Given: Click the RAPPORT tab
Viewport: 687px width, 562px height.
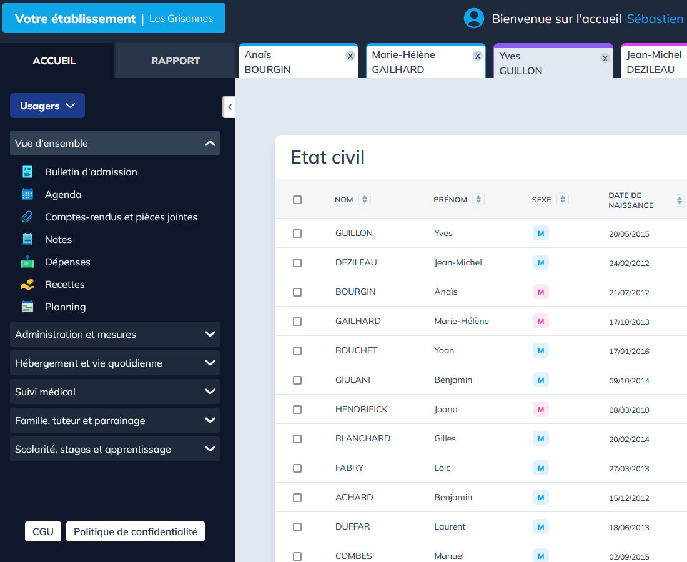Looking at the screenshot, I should (175, 61).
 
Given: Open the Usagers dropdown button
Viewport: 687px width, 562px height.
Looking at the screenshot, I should (47, 106).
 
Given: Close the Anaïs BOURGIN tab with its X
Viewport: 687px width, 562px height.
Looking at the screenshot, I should (350, 56).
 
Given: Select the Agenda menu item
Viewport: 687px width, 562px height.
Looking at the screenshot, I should (63, 194).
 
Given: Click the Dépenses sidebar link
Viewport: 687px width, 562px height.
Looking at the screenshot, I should (67, 262).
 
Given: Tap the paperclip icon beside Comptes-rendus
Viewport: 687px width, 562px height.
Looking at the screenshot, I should (27, 217).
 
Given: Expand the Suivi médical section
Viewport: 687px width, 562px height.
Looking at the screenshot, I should (115, 392).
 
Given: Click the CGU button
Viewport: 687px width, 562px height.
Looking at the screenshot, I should (43, 531).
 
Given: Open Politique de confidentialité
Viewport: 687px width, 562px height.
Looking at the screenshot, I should (136, 531).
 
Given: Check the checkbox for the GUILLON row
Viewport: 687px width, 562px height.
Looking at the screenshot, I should (297, 234).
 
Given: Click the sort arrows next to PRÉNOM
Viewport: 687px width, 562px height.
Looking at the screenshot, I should (478, 199).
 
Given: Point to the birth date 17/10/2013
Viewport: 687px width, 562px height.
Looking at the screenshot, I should (629, 322).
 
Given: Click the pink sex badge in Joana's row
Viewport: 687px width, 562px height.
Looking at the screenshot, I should (541, 410).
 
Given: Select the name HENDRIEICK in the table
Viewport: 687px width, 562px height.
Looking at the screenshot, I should (361, 409).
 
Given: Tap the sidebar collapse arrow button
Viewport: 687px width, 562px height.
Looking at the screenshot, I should (229, 107).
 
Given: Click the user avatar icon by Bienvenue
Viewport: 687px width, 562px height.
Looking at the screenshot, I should (474, 18).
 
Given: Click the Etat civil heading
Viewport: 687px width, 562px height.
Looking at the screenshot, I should (328, 157).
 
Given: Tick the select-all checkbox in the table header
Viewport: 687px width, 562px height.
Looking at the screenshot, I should (297, 200).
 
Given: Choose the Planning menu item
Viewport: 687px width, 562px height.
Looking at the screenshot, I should (65, 307).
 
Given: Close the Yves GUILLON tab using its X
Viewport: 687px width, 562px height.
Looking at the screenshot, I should (605, 58).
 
